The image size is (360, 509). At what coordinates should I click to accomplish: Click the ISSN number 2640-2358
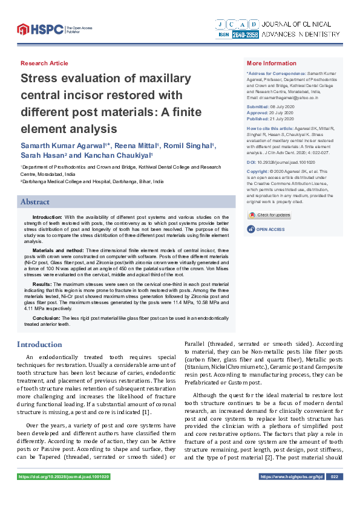(x=244, y=35)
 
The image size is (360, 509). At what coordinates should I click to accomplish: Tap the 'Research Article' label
(x=44, y=63)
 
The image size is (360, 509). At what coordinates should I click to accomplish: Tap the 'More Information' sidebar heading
(x=272, y=63)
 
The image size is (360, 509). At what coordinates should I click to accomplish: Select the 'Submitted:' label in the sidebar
(x=260, y=106)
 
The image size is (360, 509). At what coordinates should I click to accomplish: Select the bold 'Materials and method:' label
(x=58, y=249)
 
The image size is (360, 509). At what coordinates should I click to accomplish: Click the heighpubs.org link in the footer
(x=291, y=477)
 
